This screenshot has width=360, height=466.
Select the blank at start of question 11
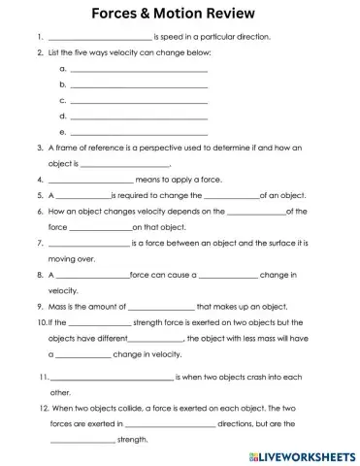pyautogui.click(x=110, y=376)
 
